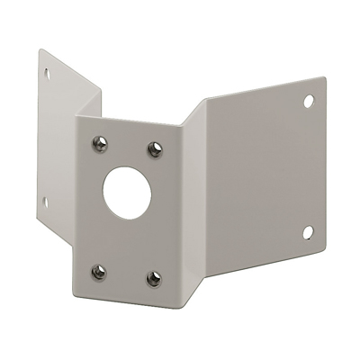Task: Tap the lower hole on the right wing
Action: pos(307,232)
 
